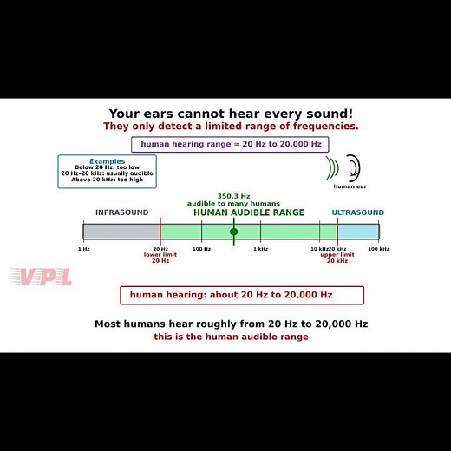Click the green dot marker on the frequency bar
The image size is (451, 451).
[233, 232]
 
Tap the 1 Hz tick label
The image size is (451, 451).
[84, 249]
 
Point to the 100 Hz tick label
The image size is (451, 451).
[201, 249]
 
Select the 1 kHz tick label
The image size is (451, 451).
[260, 249]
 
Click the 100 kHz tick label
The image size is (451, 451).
[378, 249]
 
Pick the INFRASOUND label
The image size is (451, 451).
[122, 212]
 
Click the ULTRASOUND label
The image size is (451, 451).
[358, 212]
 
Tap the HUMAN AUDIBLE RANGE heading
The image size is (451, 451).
[249, 212]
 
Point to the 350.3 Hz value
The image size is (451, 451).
[233, 196]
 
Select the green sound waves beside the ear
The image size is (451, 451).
[332, 168]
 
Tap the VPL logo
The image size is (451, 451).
[41, 277]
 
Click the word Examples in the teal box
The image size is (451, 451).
[108, 161]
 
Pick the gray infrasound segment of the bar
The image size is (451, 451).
[121, 232]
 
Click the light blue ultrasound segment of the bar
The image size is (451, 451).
[358, 232]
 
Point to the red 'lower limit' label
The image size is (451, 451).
[160, 255]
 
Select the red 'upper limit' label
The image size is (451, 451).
[337, 255]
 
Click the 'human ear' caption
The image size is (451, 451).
[350, 186]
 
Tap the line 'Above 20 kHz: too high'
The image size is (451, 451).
[108, 180]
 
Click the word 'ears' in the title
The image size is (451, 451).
[159, 114]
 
